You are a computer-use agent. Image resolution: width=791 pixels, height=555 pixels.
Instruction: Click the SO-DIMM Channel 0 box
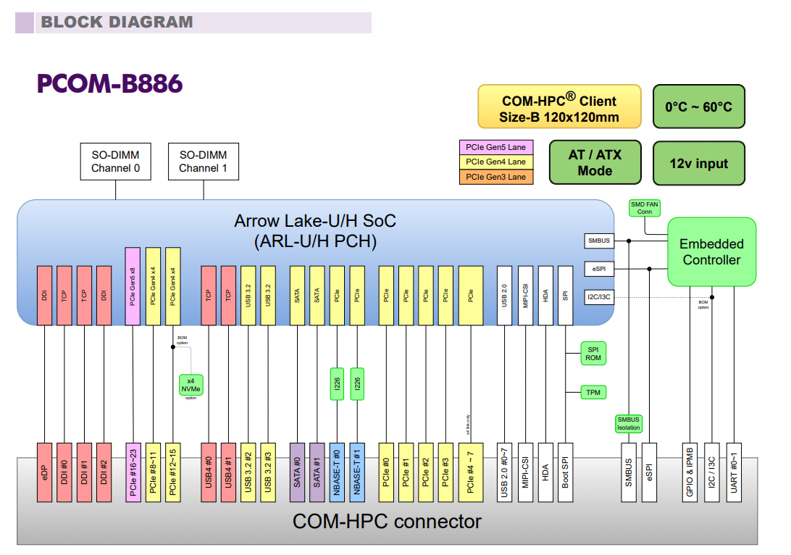[x=116, y=162]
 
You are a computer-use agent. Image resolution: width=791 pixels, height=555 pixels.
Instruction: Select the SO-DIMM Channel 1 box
[x=203, y=162]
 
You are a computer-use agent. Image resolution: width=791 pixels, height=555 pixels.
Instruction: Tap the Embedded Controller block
[x=711, y=251]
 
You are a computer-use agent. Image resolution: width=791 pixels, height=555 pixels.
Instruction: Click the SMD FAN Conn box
[x=645, y=208]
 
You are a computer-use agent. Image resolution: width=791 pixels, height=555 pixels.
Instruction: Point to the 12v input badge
[x=698, y=163]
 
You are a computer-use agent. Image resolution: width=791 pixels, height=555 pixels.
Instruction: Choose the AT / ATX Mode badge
[x=595, y=162]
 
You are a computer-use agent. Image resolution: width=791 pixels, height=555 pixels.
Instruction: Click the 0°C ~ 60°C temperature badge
[x=698, y=107]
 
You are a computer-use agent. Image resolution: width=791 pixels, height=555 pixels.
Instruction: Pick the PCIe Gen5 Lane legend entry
[x=496, y=147]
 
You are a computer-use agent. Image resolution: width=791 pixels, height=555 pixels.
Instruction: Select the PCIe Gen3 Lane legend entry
[x=496, y=177]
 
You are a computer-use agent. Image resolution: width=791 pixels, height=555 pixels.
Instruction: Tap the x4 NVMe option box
[x=191, y=385]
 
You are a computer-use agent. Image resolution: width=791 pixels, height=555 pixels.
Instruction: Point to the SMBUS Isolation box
[x=628, y=424]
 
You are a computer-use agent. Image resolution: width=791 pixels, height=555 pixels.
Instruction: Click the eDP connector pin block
[x=45, y=472]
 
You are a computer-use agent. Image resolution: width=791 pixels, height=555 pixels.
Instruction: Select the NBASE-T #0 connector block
[x=337, y=472]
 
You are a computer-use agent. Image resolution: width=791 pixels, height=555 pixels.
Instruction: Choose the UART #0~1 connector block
[x=734, y=472]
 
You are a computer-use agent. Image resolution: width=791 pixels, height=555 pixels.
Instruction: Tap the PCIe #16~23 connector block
[x=133, y=472]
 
